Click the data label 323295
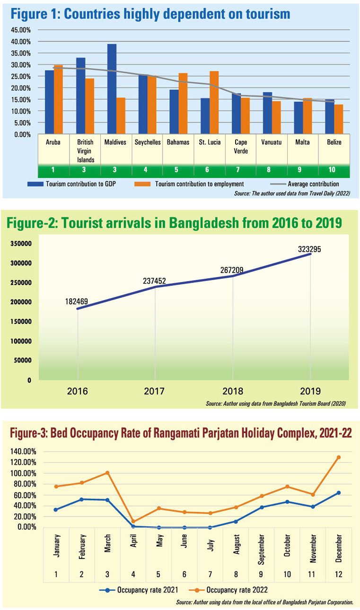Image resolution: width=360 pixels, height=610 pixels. tap(310, 249)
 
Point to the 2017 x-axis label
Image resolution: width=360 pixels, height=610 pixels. tap(155, 391)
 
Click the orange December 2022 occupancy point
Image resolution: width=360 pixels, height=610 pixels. tap(339, 457)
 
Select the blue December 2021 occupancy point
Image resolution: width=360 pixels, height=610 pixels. tap(339, 493)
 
